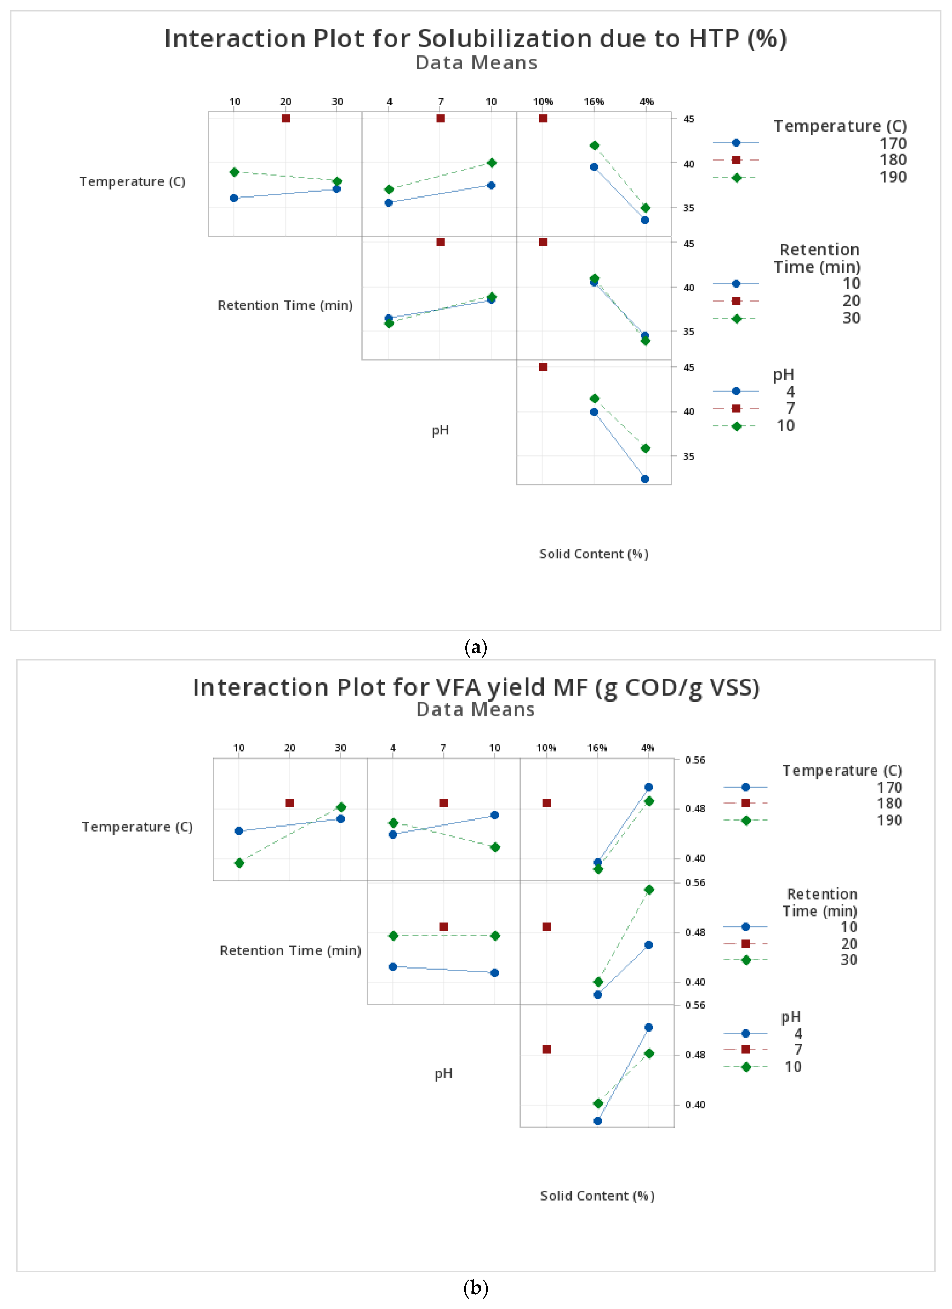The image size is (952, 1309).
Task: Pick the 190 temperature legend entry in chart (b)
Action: click(889, 820)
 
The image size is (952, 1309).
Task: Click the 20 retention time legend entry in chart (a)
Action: click(851, 301)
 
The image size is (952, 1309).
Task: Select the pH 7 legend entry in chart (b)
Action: click(798, 1049)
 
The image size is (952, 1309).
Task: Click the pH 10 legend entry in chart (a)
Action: click(785, 426)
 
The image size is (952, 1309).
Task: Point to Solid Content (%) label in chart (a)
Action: click(594, 554)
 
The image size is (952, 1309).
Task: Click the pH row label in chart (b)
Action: click(443, 1074)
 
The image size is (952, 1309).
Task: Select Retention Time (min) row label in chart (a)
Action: click(285, 305)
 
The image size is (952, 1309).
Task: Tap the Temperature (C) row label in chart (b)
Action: click(137, 827)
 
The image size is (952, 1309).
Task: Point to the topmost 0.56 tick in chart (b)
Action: click(695, 760)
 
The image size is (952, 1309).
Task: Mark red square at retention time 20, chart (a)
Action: click(286, 118)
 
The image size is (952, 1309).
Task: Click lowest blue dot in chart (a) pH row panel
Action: click(645, 479)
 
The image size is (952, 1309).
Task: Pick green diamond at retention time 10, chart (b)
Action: click(239, 863)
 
